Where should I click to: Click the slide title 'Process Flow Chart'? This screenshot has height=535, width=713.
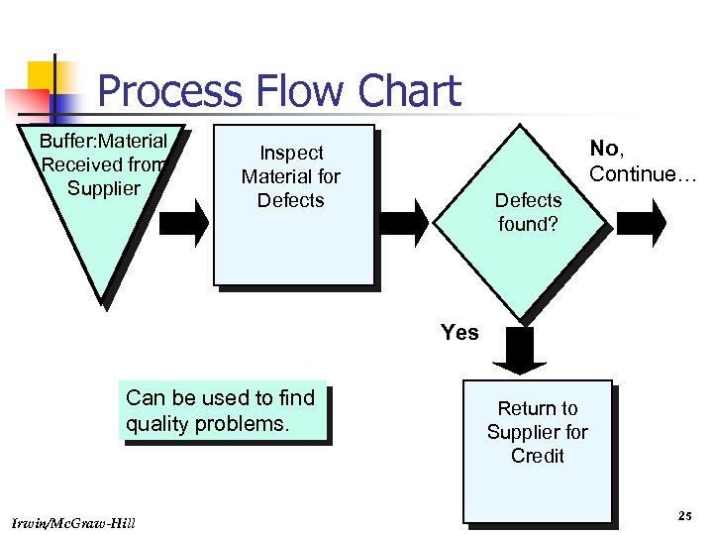tap(279, 91)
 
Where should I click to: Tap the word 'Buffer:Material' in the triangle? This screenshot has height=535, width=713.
tap(103, 141)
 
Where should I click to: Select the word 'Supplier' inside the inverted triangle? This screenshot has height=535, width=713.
tap(103, 188)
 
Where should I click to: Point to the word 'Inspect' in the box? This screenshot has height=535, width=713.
tap(291, 153)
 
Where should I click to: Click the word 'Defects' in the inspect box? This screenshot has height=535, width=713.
tap(291, 200)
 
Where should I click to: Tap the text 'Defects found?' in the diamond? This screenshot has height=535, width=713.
tap(528, 212)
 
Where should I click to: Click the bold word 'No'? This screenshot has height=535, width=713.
tap(604, 149)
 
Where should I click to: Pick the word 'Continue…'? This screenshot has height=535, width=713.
tap(643, 174)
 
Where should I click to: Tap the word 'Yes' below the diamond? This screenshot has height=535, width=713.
tap(459, 333)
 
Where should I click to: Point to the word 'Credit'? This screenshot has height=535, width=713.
tap(537, 456)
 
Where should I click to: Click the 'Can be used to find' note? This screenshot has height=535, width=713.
tap(220, 398)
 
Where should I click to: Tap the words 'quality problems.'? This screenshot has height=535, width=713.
tap(207, 424)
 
